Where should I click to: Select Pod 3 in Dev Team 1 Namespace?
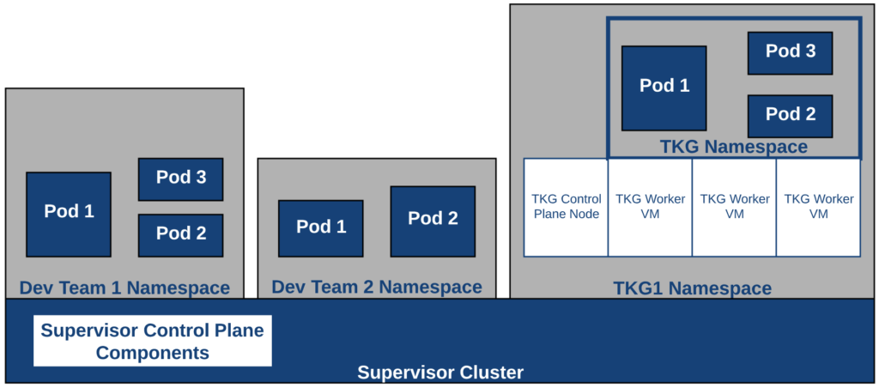tap(180, 179)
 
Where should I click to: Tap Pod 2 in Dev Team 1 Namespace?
tap(180, 234)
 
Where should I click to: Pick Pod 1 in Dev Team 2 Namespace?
tap(320, 227)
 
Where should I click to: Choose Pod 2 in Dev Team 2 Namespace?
tap(433, 220)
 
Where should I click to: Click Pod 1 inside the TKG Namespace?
tap(664, 88)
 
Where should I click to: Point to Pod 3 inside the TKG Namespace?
tap(790, 52)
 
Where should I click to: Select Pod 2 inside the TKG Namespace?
tap(790, 115)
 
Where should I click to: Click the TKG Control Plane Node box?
tap(566, 207)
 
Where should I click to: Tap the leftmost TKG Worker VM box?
tap(650, 207)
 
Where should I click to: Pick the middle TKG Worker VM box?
tap(734, 207)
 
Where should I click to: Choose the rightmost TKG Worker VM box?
tap(818, 207)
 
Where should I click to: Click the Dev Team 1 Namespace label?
tap(124, 288)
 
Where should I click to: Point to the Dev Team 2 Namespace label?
tap(377, 287)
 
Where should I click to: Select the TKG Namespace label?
tap(734, 147)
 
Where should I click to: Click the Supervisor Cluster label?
tap(440, 373)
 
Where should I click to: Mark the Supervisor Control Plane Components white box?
tap(153, 341)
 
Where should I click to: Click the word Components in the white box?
tap(153, 352)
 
